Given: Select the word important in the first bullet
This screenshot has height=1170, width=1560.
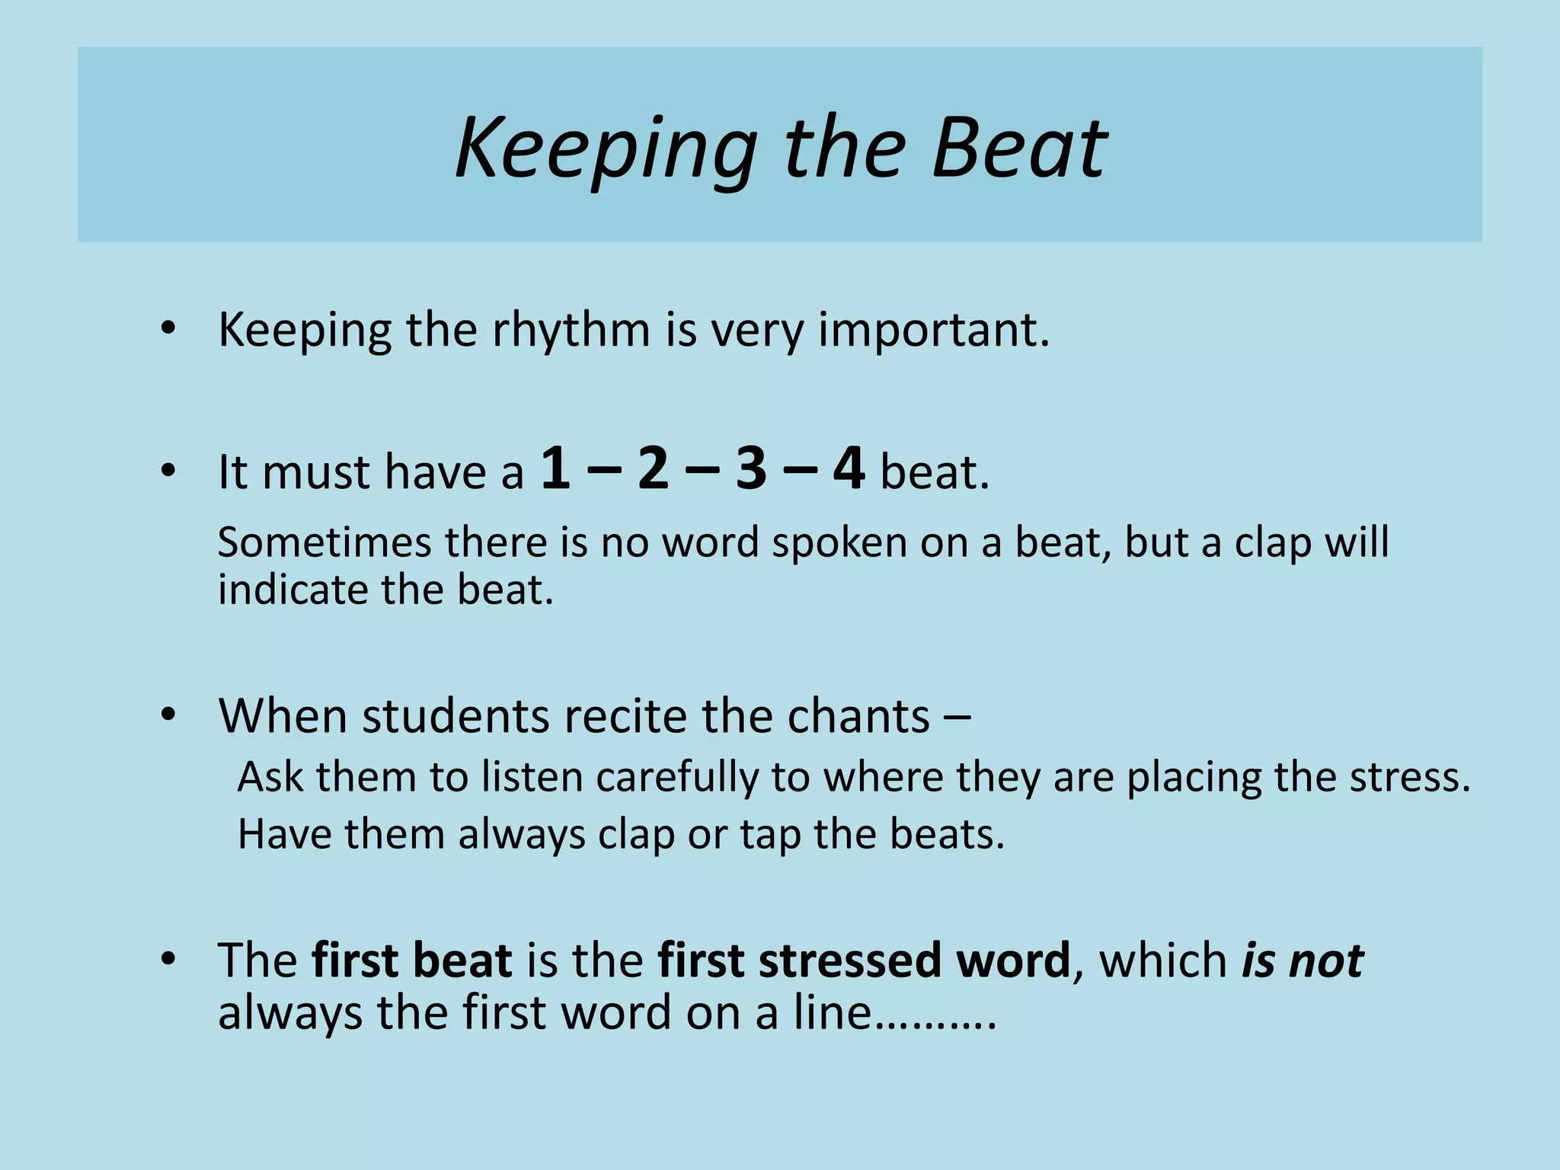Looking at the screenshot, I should click(932, 332).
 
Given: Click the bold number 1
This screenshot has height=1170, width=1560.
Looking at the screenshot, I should click(555, 469).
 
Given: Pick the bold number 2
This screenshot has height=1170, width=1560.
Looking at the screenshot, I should click(653, 469).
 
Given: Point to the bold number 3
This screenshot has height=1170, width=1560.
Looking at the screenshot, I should click(750, 469).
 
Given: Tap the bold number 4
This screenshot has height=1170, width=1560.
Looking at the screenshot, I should click(849, 469).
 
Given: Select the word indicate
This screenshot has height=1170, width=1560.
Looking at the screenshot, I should click(293, 590).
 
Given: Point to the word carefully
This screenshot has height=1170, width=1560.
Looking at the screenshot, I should click(677, 778).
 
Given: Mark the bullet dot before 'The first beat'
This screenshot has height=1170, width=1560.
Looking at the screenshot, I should click(168, 959).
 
